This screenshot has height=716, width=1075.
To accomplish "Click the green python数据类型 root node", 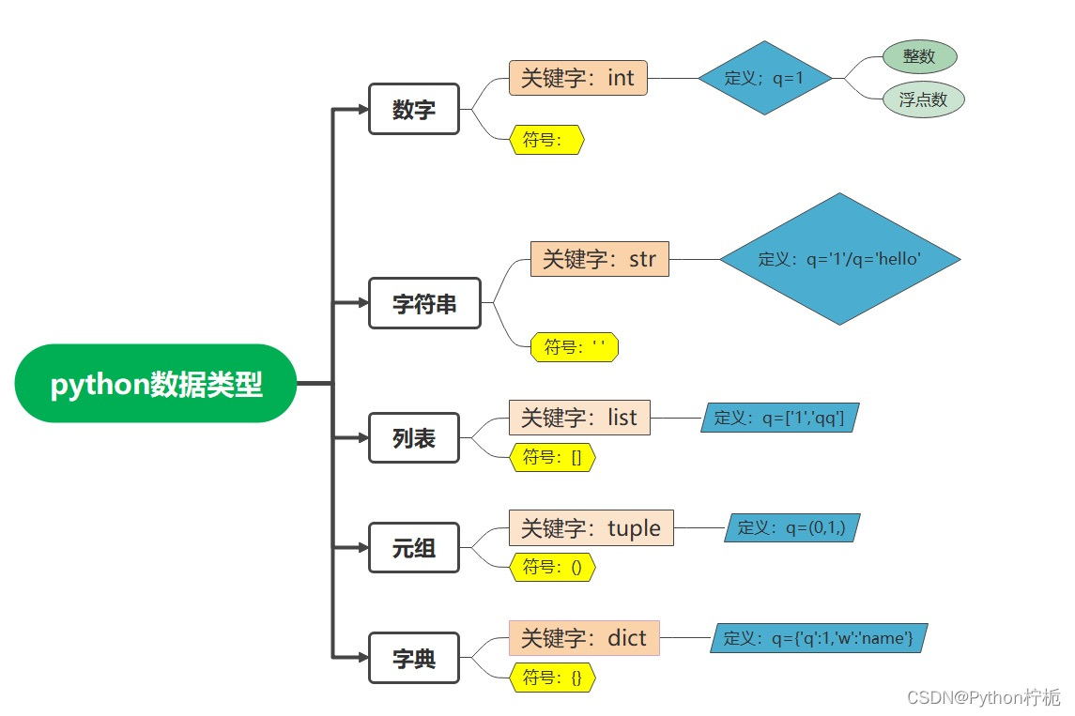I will (156, 384).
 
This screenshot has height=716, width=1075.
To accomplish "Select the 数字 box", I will (414, 109).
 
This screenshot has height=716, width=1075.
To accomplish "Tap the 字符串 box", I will (424, 303).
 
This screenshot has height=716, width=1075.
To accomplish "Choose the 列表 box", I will (414, 438).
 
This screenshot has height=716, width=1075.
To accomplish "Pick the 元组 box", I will (414, 547).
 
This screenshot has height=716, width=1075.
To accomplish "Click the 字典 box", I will (414, 659).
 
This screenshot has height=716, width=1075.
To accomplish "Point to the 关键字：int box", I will (578, 78).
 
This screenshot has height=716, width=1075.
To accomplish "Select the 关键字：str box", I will (600, 258).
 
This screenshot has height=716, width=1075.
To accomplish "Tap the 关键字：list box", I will (579, 417).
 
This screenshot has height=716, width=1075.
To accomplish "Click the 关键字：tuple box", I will (591, 527).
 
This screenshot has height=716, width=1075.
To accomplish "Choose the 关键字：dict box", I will (584, 638).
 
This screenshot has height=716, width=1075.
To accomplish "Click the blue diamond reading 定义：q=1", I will (765, 78).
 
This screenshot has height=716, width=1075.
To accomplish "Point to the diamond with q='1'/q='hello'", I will (839, 259).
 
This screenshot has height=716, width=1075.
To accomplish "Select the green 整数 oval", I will (919, 56).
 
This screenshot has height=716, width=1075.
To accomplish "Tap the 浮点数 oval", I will (924, 99).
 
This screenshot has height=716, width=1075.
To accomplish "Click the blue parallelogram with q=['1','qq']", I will (779, 418).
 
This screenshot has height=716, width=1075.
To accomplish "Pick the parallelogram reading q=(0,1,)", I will (791, 527).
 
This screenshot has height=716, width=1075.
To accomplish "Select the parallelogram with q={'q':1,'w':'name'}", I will (819, 638).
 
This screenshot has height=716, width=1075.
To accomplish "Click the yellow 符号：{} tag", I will (552, 677).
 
